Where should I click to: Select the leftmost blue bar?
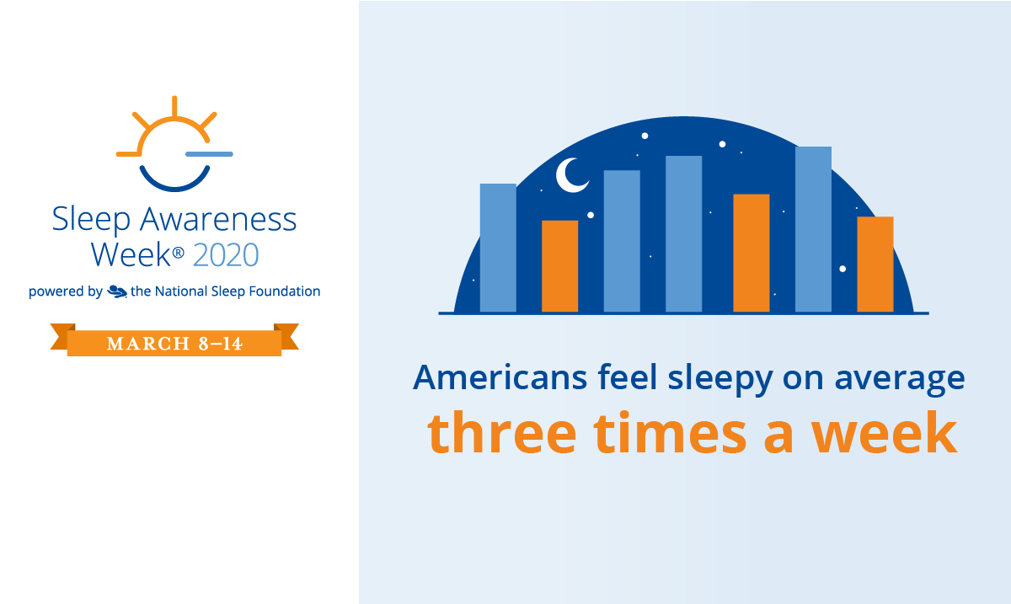pos(498,248)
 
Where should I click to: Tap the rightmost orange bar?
pos(875,265)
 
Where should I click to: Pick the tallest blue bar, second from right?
pos(813,229)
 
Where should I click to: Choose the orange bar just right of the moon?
pos(559,266)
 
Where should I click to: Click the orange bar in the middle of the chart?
pos(752,254)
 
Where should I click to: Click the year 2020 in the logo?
pos(226,254)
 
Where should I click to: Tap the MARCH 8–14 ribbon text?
pos(174,344)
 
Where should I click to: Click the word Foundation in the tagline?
pos(288,291)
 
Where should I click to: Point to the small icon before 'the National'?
pos(117,291)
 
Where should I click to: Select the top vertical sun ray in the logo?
pos(174,106)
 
